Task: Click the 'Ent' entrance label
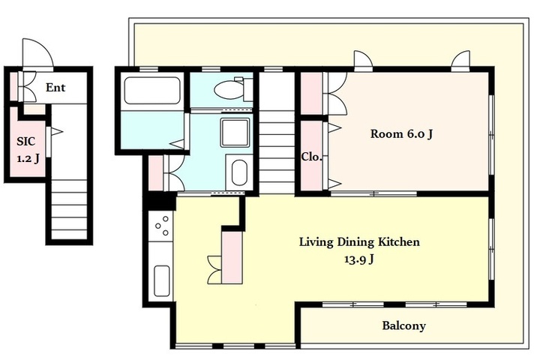pyautogui.click(x=55, y=88)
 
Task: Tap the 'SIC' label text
pyautogui.click(x=26, y=141)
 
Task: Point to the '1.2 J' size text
pyautogui.click(x=28, y=158)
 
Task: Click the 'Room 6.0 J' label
pyautogui.click(x=401, y=133)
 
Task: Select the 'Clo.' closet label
pyautogui.click(x=312, y=157)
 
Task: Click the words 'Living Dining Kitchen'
pyautogui.click(x=359, y=241)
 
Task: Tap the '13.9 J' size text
pyautogui.click(x=358, y=259)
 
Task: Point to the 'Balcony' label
pyautogui.click(x=404, y=325)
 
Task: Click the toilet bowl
pyautogui.click(x=229, y=91)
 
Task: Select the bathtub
pyautogui.click(x=152, y=91)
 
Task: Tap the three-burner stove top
pyautogui.click(x=162, y=225)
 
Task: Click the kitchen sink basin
pyautogui.click(x=161, y=280)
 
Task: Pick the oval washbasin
pyautogui.click(x=240, y=172)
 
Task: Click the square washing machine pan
pyautogui.click(x=235, y=133)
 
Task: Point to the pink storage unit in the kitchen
pyautogui.click(x=232, y=257)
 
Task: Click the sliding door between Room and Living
pyautogui.click(x=373, y=194)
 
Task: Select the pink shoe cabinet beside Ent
pyautogui.click(x=13, y=86)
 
